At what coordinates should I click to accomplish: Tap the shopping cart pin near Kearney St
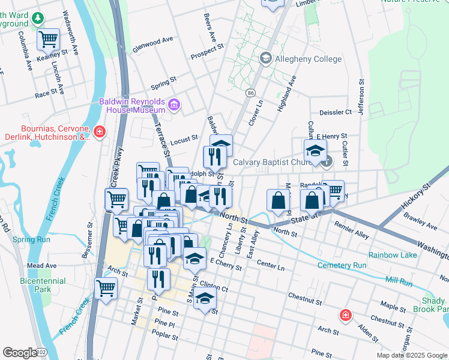48,40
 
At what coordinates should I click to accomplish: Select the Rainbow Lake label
392,255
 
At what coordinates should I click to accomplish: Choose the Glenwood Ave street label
152,44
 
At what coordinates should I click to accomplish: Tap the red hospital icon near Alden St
345,314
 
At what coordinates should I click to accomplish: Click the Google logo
20,353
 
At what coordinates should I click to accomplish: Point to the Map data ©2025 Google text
412,355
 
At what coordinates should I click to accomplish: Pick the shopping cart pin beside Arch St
106,288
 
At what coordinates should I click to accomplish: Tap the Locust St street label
184,140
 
